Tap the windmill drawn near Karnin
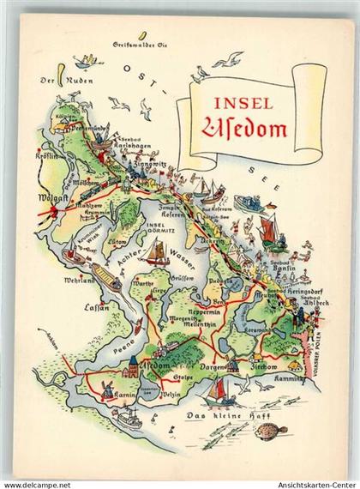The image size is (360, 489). point(107,389)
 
